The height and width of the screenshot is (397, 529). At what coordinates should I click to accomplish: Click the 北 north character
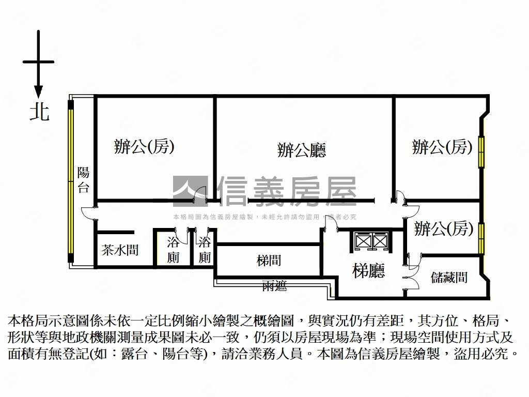[39, 112]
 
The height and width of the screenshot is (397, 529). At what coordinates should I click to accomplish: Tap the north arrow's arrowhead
[38, 91]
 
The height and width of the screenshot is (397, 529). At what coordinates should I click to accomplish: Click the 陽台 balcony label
[83, 180]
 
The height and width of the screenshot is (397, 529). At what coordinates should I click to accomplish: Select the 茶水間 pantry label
[120, 251]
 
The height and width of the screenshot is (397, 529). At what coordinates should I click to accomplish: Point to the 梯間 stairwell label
[269, 261]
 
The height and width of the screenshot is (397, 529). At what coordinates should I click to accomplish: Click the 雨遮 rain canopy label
[274, 286]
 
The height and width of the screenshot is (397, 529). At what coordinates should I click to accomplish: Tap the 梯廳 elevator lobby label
[369, 270]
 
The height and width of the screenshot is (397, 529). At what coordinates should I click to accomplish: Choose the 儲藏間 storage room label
[449, 278]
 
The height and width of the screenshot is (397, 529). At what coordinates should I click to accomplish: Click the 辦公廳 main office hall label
[301, 150]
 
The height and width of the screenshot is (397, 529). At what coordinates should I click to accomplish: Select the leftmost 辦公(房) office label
[144, 147]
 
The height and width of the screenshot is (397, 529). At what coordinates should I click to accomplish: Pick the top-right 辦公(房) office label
[442, 148]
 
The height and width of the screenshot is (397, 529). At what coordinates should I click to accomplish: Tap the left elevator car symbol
[363, 241]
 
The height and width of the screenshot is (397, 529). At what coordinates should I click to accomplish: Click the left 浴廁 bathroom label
[173, 249]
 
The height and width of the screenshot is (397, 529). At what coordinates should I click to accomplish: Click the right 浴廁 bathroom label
[205, 249]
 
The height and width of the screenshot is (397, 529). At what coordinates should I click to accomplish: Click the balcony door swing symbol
[88, 213]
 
